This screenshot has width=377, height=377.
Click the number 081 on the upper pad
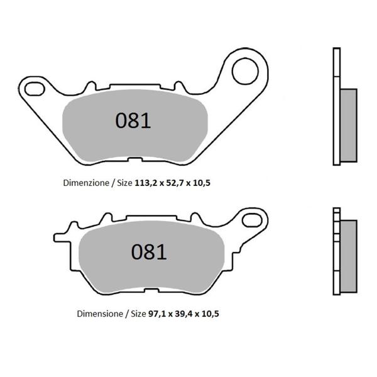(x=133, y=120)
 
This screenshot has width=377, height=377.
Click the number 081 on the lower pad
(x=149, y=252)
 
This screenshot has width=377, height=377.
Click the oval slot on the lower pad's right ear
(x=253, y=219)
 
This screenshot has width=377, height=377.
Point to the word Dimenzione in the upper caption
(x=85, y=183)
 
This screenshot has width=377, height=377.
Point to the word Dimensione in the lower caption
(x=100, y=312)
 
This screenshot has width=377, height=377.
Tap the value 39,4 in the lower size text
(x=187, y=312)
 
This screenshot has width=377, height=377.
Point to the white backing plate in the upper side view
(x=335, y=107)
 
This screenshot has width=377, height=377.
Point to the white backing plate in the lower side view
(x=336, y=251)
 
